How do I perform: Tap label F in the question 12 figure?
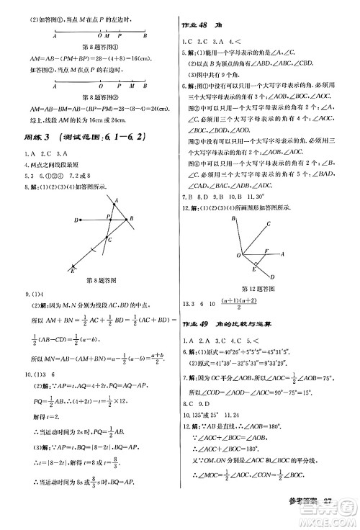click(264, 251)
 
